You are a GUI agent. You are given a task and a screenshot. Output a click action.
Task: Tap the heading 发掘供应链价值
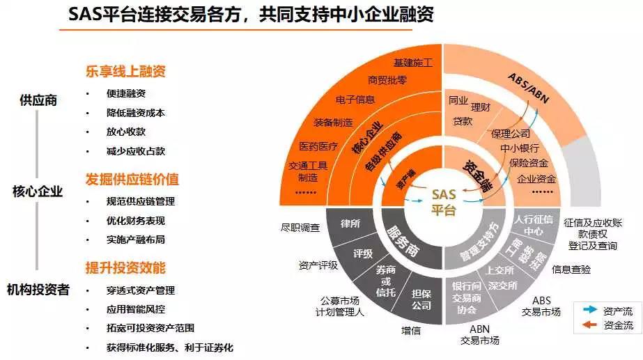click(x=132, y=179)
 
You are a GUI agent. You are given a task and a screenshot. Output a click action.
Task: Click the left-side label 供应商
click(x=38, y=100)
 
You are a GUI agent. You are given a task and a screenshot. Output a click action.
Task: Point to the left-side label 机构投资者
click(x=38, y=290)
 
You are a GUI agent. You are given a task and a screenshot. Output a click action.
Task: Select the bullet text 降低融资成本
click(x=135, y=113)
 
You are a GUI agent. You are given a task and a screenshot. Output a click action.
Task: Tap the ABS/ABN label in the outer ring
click(x=529, y=87)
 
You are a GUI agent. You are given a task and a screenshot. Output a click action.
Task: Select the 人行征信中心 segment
click(x=529, y=225)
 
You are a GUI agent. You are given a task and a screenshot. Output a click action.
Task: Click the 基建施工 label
click(x=413, y=63)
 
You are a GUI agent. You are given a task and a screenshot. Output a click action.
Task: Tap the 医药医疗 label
click(x=318, y=146)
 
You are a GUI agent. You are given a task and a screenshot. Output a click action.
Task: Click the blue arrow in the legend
click(x=589, y=309)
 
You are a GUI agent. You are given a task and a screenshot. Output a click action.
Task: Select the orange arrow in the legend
click(x=589, y=324)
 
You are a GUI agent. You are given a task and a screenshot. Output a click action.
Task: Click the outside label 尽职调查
click(x=300, y=227)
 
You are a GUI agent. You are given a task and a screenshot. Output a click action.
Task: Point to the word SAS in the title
click(x=88, y=15)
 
